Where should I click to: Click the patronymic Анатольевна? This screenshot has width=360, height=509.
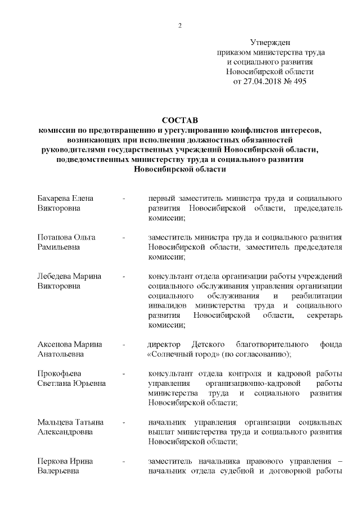tap(61, 354)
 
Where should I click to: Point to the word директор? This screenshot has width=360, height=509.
tap(164, 344)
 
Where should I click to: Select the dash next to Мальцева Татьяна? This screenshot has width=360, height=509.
tap(123, 422)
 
